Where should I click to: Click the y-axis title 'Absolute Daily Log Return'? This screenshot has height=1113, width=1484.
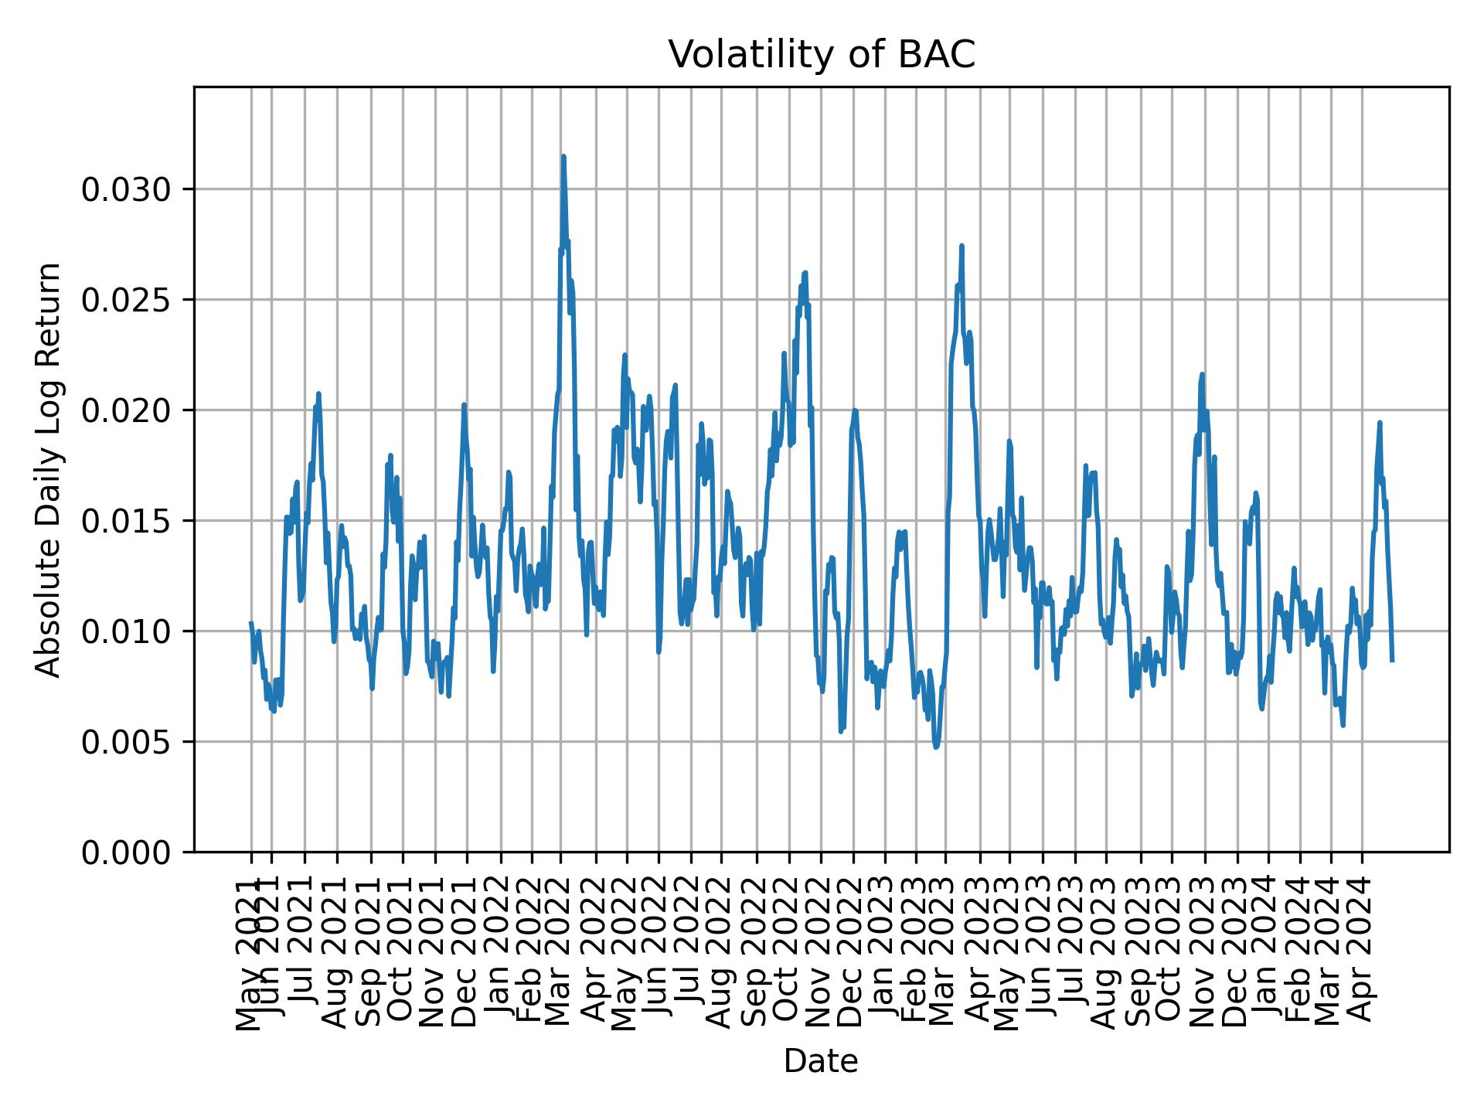tap(49, 469)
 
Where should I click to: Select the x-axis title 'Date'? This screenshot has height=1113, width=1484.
tap(821, 1061)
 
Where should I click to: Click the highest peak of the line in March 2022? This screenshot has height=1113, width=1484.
tap(563, 156)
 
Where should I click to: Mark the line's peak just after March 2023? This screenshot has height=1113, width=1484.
tap(962, 246)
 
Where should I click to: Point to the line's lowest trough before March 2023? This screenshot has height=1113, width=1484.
tap(936, 747)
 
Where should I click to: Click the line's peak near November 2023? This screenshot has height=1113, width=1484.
tap(1202, 374)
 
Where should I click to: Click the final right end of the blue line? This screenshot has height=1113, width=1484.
tap(1392, 660)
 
